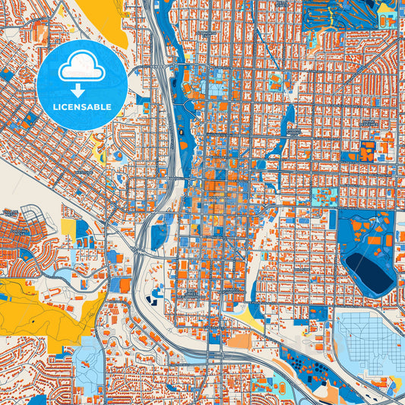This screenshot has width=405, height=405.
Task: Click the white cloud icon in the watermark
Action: [81, 68]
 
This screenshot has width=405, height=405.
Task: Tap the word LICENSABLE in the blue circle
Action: [81, 106]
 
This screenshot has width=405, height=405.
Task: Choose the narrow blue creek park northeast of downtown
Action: [290, 122]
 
